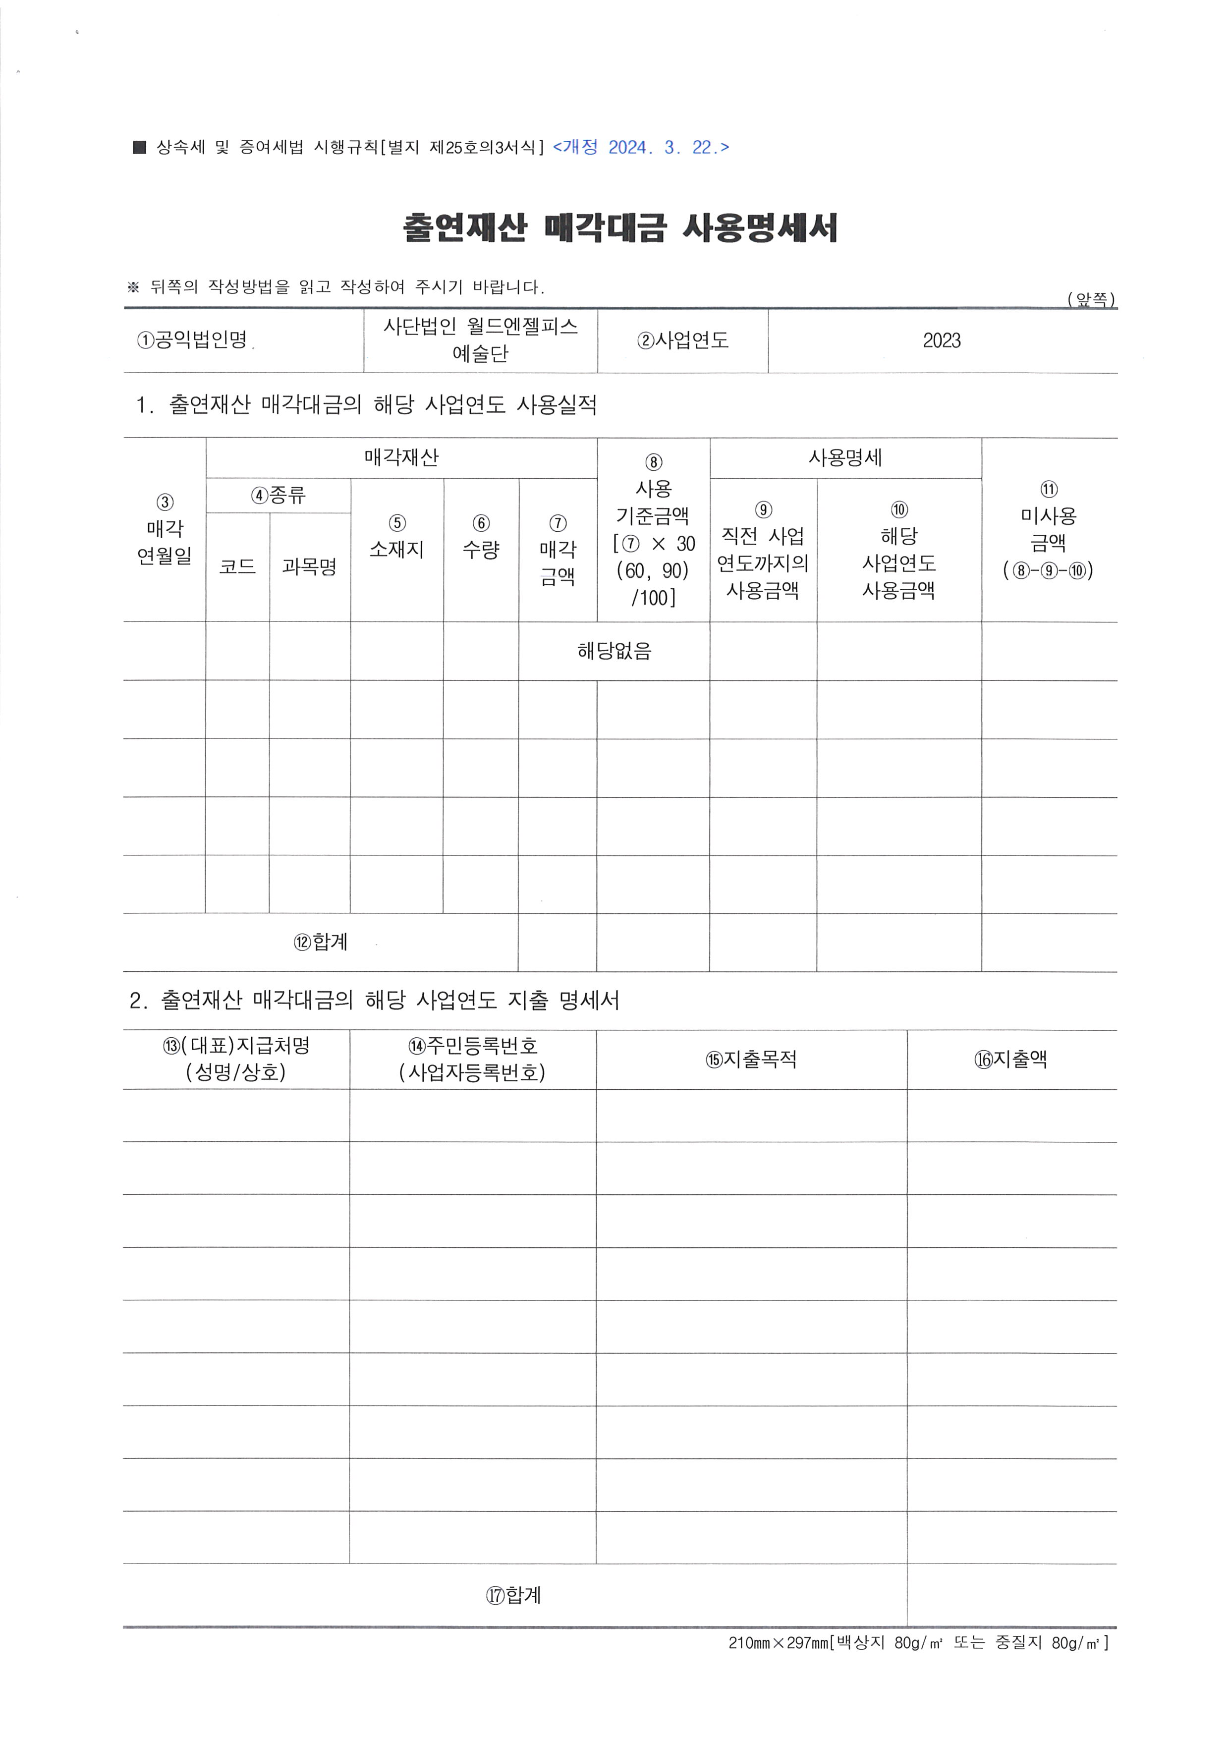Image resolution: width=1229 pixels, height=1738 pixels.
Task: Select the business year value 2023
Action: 942,340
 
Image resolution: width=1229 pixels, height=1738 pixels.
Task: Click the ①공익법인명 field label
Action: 194,340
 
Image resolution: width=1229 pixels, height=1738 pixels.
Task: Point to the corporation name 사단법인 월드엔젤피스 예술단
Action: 481,340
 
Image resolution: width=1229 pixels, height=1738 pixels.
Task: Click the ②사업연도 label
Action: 682,340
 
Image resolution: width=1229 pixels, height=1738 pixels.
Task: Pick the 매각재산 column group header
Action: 401,457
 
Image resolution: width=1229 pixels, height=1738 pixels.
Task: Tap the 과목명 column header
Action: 310,567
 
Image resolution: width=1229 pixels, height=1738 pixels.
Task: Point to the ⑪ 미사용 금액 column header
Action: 1049,530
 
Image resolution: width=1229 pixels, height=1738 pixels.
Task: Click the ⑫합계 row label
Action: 321,942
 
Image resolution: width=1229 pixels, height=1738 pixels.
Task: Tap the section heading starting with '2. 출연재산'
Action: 374,1000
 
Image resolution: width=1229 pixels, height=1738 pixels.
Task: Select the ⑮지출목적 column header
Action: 751,1059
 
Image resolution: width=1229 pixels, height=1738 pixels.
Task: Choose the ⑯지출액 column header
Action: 1011,1059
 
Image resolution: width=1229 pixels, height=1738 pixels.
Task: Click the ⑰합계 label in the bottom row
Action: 514,1595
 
